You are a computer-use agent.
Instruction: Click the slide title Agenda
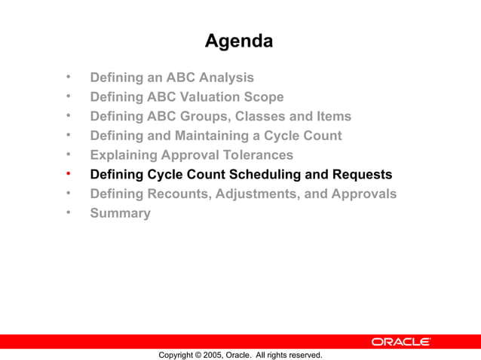pyautogui.click(x=239, y=41)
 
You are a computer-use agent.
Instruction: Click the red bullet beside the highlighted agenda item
pyautogui.click(x=68, y=174)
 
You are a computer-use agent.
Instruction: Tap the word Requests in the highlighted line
pyautogui.click(x=361, y=175)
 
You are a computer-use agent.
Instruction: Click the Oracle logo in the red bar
pyautogui.click(x=400, y=342)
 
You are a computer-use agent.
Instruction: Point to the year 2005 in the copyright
pyautogui.click(x=211, y=355)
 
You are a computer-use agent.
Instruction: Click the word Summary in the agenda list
pyautogui.click(x=120, y=213)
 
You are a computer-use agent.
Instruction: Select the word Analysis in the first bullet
pyautogui.click(x=225, y=78)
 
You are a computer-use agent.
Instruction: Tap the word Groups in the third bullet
pyautogui.click(x=201, y=117)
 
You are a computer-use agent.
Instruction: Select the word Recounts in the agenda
pyautogui.click(x=179, y=194)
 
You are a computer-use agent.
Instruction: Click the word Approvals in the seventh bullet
pyautogui.click(x=359, y=194)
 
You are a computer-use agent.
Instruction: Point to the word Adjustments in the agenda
pyautogui.click(x=260, y=194)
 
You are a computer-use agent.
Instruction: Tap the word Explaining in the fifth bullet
pyautogui.click(x=126, y=155)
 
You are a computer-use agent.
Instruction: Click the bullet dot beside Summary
pyautogui.click(x=68, y=212)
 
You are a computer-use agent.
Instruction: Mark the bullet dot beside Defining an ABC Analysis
pyautogui.click(x=68, y=77)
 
